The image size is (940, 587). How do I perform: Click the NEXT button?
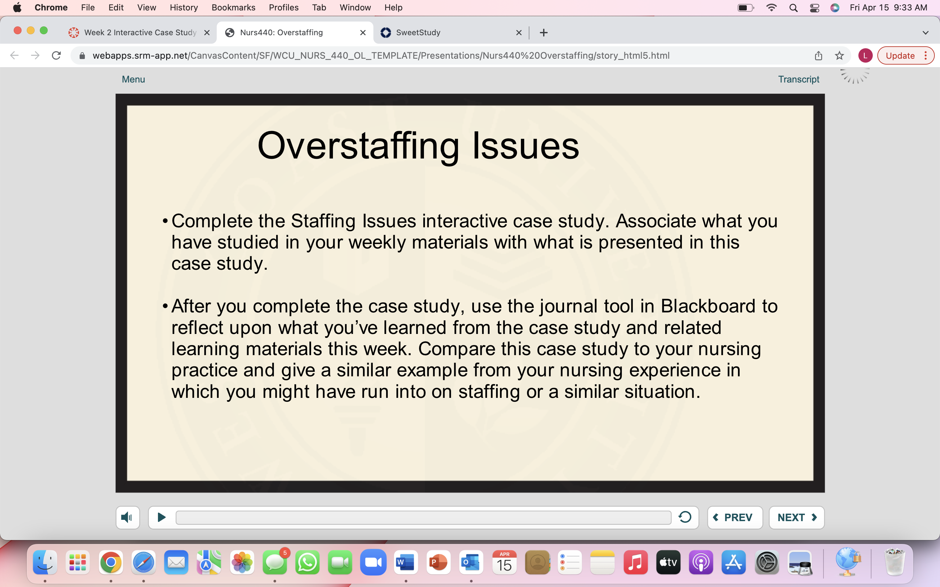click(x=796, y=518)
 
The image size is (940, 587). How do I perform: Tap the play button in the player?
click(x=162, y=517)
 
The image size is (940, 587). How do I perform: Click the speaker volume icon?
click(x=127, y=518)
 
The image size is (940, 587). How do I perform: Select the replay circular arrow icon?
click(x=685, y=517)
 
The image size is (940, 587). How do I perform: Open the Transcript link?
click(x=799, y=79)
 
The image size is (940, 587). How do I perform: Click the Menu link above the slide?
click(x=133, y=79)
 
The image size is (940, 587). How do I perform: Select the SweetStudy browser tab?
click(x=450, y=33)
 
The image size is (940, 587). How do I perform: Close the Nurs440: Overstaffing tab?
click(x=363, y=33)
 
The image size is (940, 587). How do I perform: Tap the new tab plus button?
click(x=543, y=33)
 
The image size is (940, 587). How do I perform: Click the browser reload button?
click(x=56, y=55)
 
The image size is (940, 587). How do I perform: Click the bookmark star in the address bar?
click(x=839, y=55)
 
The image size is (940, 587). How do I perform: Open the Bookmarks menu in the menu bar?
click(x=233, y=8)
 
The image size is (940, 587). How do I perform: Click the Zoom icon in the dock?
click(x=373, y=562)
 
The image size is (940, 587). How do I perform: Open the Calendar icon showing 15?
click(x=504, y=562)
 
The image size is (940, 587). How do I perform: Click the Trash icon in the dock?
click(x=895, y=562)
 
